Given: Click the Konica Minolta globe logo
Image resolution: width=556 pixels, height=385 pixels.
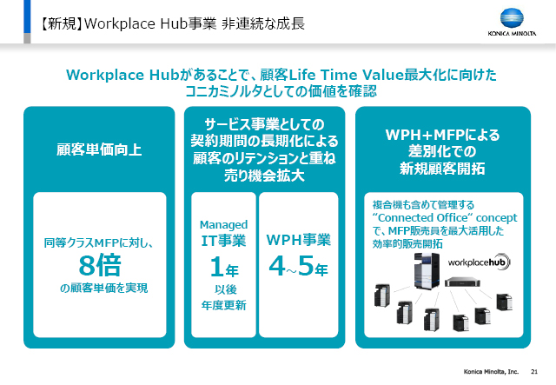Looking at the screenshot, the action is coord(512,18).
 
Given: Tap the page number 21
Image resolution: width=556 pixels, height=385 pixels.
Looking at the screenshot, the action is coord(534,371).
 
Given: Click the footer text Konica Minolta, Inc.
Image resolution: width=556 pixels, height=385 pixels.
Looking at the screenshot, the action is coord(491,371).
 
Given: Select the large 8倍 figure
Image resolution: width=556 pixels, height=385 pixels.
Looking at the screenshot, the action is coord(100,265).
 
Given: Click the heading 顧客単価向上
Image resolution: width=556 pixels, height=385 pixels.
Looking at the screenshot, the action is coord(99,149).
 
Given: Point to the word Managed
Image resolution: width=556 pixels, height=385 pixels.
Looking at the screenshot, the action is coord(224,225).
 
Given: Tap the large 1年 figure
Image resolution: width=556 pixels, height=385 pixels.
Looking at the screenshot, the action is coord(224,267).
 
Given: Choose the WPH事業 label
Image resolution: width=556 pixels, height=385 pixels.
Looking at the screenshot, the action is coord(299,240).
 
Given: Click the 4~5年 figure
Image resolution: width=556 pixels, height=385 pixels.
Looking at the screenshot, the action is coord(298,266).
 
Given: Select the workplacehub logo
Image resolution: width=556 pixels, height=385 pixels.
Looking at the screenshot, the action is coord(479,262).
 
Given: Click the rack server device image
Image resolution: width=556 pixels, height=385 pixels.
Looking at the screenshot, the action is coord(462,282).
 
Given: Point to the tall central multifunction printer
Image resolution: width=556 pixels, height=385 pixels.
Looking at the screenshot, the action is coord(427,271).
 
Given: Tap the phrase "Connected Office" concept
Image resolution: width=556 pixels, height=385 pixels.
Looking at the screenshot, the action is coord(445,217).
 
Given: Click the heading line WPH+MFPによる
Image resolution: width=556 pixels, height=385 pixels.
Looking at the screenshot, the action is coord(442,135).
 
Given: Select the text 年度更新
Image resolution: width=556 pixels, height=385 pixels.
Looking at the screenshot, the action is coord(224,305).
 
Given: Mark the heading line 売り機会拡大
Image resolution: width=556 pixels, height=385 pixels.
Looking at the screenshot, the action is coord(264,176).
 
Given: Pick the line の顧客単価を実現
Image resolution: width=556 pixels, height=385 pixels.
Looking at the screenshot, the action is coord(103,288).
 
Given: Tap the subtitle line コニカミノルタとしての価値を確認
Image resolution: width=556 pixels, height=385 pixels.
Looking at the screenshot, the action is coord(281,91).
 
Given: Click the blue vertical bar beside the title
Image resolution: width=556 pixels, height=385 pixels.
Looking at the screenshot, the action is coord(27,17).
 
